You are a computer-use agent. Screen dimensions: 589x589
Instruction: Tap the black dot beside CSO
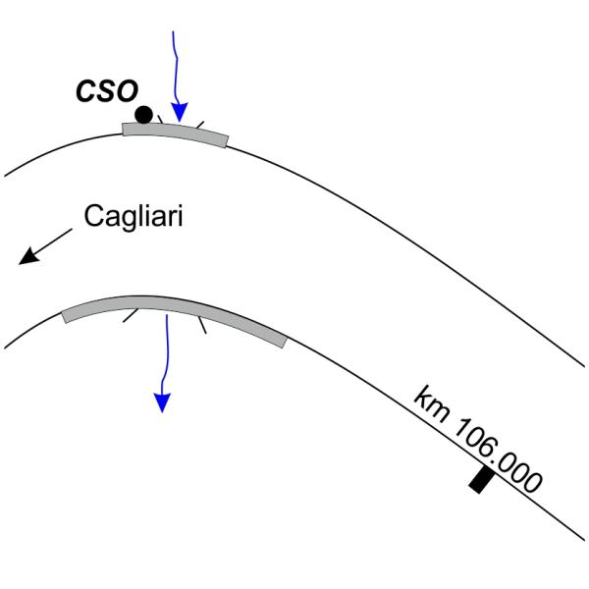(144, 114)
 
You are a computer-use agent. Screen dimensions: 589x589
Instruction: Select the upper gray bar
(175, 133)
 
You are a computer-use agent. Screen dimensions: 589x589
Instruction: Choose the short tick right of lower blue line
(201, 323)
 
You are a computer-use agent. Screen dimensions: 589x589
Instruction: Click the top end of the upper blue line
(174, 31)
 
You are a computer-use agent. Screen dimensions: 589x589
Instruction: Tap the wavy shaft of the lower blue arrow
(166, 353)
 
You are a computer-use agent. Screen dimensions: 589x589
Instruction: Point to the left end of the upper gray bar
(125, 129)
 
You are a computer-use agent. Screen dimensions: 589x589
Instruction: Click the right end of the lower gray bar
(284, 341)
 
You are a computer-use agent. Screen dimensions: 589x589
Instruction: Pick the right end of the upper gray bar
(225, 141)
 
